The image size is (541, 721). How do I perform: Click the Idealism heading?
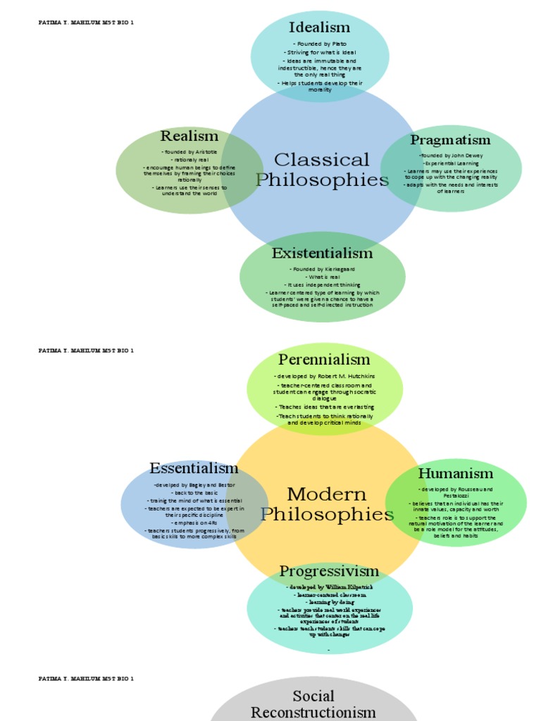319,27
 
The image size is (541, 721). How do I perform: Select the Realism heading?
189,136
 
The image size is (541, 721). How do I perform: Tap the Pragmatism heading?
450,139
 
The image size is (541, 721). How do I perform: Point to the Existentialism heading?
322,253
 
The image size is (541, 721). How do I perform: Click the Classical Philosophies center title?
321,170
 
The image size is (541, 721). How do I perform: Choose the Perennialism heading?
324,360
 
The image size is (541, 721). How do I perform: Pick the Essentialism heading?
194,468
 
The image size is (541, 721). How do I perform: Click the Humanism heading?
455,472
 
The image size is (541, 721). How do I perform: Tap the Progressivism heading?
329,570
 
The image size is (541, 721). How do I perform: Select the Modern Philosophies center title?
327,504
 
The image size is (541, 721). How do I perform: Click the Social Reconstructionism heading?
313,704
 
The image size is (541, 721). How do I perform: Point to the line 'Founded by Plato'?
320,44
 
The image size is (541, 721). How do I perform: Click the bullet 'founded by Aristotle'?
189,152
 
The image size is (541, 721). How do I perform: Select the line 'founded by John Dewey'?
451,155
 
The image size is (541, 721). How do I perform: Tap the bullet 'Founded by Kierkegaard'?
322,269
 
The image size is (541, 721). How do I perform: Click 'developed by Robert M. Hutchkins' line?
325,377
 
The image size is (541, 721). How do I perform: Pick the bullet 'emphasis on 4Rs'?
194,522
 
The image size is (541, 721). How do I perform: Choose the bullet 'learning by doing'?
330,603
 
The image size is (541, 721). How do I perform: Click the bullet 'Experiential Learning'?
451,163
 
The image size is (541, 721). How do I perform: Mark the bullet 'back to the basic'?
194,493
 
